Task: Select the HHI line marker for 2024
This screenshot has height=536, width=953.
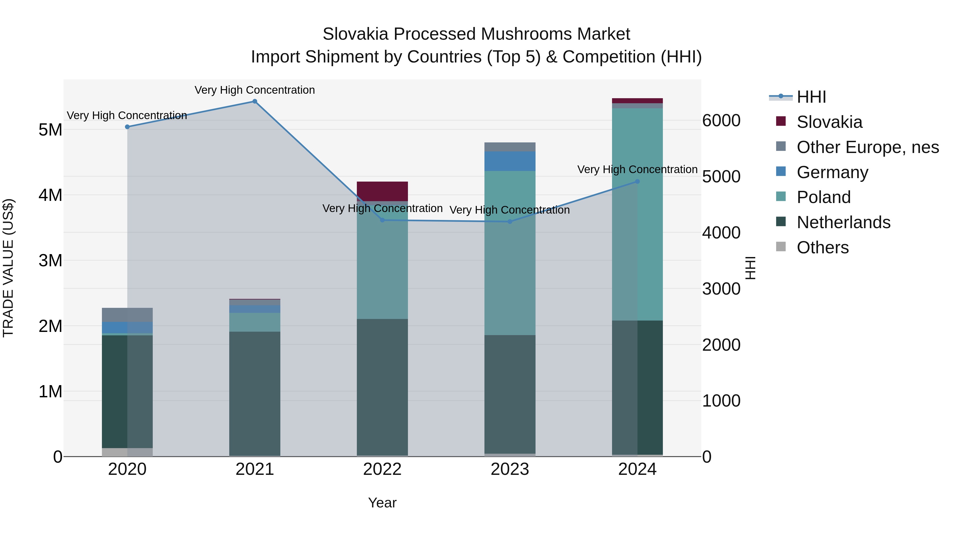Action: click(637, 181)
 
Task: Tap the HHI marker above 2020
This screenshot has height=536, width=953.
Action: click(127, 127)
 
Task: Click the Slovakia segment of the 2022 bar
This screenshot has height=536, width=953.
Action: click(382, 191)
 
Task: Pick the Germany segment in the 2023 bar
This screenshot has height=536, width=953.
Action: click(510, 161)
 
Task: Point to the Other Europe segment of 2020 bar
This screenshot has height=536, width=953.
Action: click(127, 315)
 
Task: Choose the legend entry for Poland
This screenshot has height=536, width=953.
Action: click(824, 197)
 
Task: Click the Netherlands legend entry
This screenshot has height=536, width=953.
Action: click(843, 222)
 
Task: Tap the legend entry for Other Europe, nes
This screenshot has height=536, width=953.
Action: click(867, 147)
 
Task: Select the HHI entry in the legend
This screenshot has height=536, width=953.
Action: click(811, 97)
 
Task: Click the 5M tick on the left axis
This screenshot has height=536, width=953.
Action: click(50, 130)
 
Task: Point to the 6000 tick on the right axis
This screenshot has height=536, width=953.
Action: click(721, 121)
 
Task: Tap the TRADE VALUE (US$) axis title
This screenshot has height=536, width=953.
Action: click(8, 268)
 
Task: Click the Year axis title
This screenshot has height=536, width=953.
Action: click(382, 503)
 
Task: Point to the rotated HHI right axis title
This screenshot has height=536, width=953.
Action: click(750, 268)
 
